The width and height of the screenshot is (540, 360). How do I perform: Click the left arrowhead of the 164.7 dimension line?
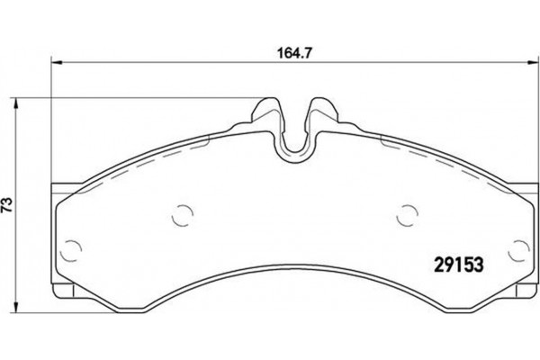[56, 61]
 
